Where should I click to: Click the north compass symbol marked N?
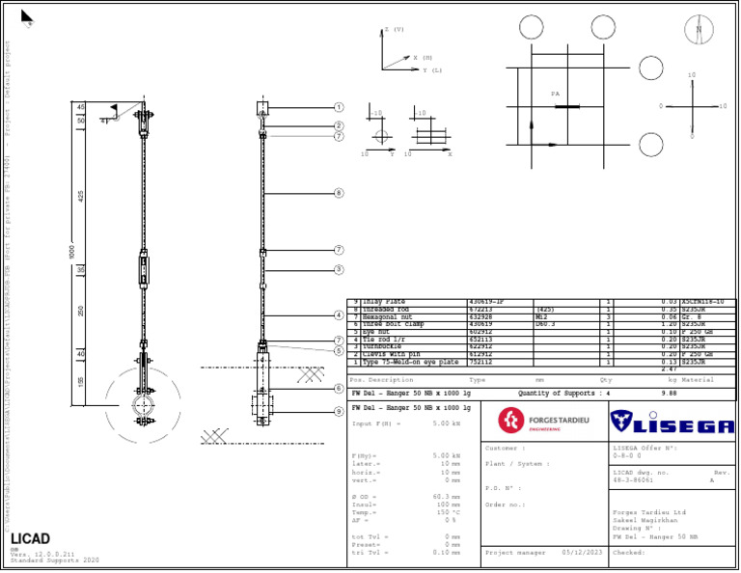click(x=699, y=31)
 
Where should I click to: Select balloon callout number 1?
click(x=339, y=108)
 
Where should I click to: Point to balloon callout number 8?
click(x=339, y=193)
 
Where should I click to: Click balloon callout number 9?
click(x=339, y=412)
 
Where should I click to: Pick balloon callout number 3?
click(x=339, y=269)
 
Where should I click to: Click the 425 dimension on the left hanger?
click(x=82, y=196)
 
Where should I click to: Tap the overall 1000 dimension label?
click(x=71, y=251)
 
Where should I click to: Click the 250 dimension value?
click(x=82, y=311)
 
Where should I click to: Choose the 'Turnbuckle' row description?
click(x=382, y=346)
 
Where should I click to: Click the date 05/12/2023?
click(x=583, y=553)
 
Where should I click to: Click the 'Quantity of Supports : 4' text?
click(x=564, y=394)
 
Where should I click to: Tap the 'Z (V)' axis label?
click(x=395, y=30)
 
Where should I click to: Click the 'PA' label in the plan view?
click(x=555, y=94)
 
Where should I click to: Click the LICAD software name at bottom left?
click(x=31, y=538)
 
